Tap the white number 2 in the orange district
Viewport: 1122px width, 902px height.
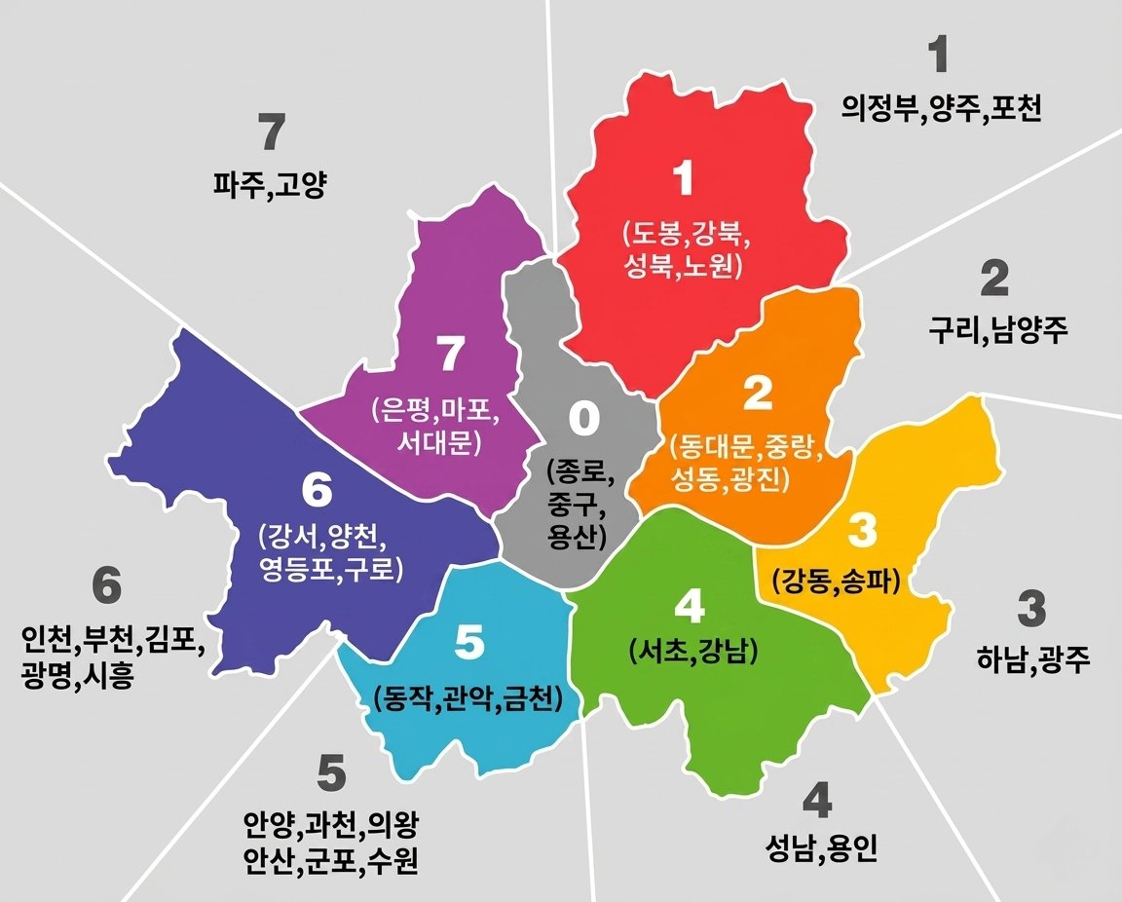757,393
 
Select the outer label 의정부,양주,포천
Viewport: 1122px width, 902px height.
941,108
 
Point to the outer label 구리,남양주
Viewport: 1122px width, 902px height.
998,331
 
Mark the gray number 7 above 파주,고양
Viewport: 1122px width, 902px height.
273,132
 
